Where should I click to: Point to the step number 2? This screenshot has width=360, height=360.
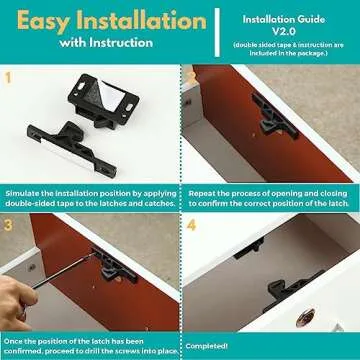click(189, 75)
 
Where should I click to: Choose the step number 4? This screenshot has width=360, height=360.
click(190, 226)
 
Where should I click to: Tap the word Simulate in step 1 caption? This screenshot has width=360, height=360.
click(24, 190)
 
